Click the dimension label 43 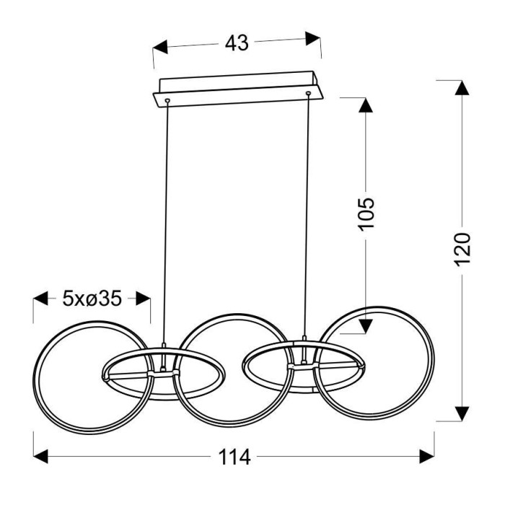(237, 43)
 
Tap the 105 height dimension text (366, 214)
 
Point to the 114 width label (234, 457)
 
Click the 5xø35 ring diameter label (92, 299)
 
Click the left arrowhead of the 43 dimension (160, 48)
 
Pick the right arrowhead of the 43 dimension (312, 38)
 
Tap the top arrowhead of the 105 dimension (366, 105)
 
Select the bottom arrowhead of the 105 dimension (366, 326)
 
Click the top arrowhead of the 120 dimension (462, 87)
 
